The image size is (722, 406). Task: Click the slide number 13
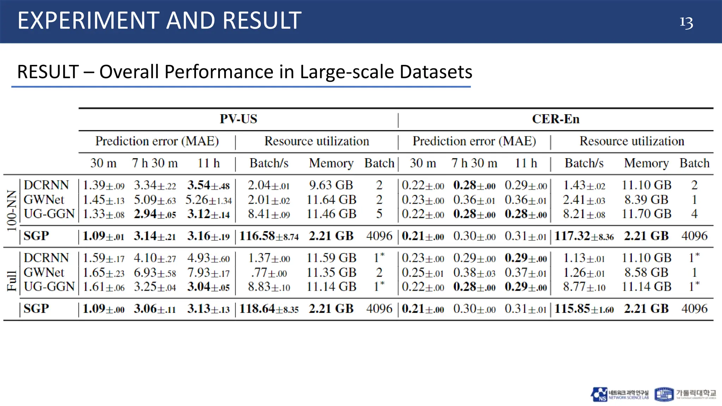[686, 23]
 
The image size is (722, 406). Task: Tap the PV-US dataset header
[238, 119]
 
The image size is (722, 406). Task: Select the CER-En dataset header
[556, 119]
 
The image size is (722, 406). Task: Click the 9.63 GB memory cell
[331, 185]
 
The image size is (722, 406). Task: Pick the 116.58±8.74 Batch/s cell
[269, 236]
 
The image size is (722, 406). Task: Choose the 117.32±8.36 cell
[584, 236]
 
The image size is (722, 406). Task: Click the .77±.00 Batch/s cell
[269, 272]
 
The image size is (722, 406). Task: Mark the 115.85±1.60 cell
[584, 309]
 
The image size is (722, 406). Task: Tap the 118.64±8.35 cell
[269, 309]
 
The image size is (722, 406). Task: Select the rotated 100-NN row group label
[12, 210]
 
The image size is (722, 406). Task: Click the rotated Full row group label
[12, 281]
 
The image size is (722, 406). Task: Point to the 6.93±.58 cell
[155, 272]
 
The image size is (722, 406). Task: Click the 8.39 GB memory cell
[646, 200]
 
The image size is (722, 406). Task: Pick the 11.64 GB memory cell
[331, 200]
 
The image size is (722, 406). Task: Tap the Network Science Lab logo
[620, 394]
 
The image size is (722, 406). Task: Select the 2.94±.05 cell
[155, 214]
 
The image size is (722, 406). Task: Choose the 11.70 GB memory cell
[646, 214]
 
